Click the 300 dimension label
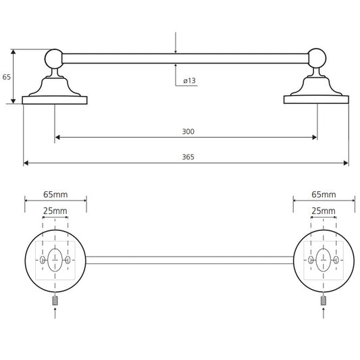[188, 132]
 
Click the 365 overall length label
[188, 157]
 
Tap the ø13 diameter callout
[189, 80]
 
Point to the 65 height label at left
[7, 77]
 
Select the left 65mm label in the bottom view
[55, 195]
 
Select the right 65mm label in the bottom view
[324, 195]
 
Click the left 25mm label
[55, 211]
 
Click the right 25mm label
[324, 211]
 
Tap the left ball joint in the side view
[54, 59]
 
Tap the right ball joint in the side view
[317, 58]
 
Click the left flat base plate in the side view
[55, 100]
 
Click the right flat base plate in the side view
[316, 100]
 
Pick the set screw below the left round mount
[55, 301]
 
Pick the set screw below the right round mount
[324, 301]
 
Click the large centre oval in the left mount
[55, 260]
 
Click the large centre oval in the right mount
[324, 260]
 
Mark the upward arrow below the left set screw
[55, 313]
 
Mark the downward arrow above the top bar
[176, 43]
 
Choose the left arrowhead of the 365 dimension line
[26, 163]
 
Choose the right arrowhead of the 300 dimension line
[315, 137]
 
